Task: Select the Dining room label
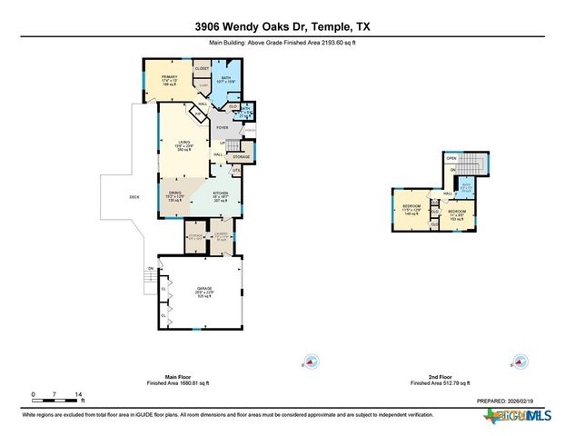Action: click(x=175, y=195)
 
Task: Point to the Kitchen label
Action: click(x=220, y=195)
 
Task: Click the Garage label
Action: click(x=204, y=292)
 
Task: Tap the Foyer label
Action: click(x=222, y=128)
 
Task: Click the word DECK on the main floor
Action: click(x=134, y=197)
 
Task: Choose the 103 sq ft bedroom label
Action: click(x=456, y=213)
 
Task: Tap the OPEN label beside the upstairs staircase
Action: click(x=451, y=159)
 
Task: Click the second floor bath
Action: click(x=467, y=187)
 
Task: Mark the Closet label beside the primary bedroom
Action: click(x=202, y=68)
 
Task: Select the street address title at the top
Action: click(x=282, y=26)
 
